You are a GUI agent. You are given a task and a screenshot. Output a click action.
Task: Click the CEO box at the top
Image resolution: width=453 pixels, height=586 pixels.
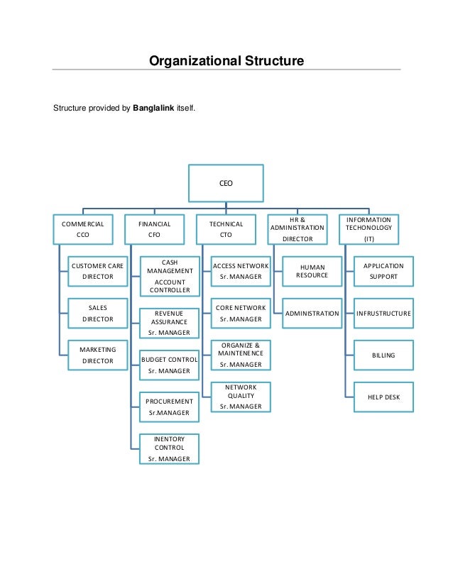click(x=226, y=183)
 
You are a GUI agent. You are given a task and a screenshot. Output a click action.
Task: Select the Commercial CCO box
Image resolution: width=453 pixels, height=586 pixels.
click(x=82, y=228)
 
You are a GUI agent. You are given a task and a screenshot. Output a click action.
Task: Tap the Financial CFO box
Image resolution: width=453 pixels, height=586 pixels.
click(x=154, y=228)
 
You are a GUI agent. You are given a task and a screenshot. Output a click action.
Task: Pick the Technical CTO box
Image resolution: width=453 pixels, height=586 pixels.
click(x=226, y=228)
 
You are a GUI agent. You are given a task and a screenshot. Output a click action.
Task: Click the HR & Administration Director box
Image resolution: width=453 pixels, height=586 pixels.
click(x=297, y=228)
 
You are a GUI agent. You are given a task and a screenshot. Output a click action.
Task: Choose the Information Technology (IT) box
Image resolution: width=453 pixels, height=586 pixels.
click(x=369, y=228)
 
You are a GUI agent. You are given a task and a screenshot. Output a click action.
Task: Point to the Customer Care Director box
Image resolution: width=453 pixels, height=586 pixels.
click(x=98, y=271)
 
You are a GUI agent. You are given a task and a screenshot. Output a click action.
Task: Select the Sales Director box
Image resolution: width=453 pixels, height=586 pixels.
click(x=98, y=314)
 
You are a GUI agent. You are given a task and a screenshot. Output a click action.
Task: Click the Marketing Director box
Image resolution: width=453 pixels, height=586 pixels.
click(x=98, y=355)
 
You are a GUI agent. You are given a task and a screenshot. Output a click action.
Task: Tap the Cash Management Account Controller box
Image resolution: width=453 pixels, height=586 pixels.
click(x=170, y=276)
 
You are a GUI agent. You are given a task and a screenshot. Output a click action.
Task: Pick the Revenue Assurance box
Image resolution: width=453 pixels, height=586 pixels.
click(x=170, y=322)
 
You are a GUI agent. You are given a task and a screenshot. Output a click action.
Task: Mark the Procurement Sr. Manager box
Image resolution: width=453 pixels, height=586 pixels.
click(x=170, y=407)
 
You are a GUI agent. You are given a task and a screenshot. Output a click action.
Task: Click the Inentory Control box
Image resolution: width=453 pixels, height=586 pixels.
click(x=170, y=449)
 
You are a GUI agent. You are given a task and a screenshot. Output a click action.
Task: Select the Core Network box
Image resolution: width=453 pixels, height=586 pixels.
click(x=241, y=314)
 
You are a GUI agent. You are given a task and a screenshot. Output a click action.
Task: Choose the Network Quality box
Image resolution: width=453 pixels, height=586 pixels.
click(x=241, y=397)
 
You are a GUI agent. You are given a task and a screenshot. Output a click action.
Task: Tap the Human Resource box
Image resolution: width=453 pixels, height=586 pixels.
click(x=312, y=271)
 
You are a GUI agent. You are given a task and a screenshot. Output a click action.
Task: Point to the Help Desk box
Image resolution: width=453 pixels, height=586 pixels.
click(x=383, y=397)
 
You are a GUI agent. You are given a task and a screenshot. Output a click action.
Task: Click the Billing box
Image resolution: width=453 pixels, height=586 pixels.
click(x=383, y=355)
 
